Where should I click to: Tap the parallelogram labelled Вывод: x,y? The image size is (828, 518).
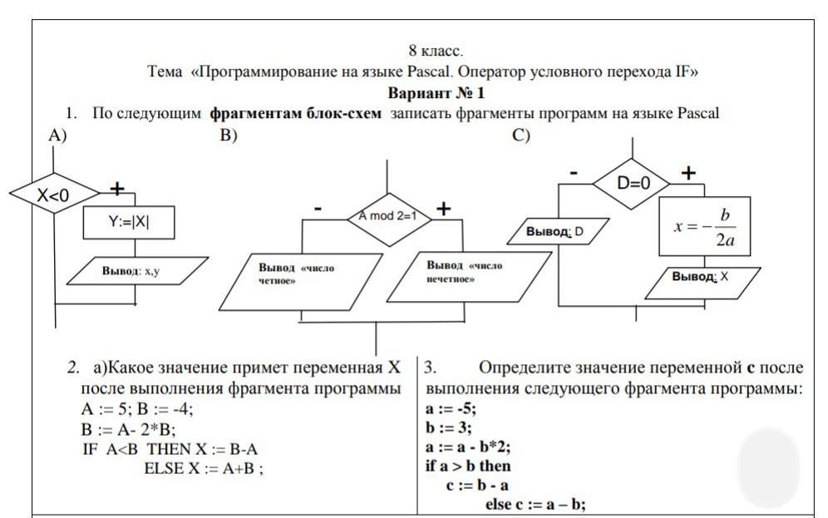coord(136,271)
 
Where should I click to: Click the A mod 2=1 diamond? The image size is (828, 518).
coord(387,216)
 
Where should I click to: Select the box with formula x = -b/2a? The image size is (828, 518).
coord(704,227)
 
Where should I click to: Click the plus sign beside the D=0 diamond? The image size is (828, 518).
coord(688,173)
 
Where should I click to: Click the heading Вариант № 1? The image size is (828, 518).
coord(436,92)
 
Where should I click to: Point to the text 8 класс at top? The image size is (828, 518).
coord(436,52)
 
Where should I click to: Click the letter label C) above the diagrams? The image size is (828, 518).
coord(521,136)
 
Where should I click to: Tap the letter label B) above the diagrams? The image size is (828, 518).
coord(229,136)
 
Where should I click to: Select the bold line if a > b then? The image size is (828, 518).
coord(468,466)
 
